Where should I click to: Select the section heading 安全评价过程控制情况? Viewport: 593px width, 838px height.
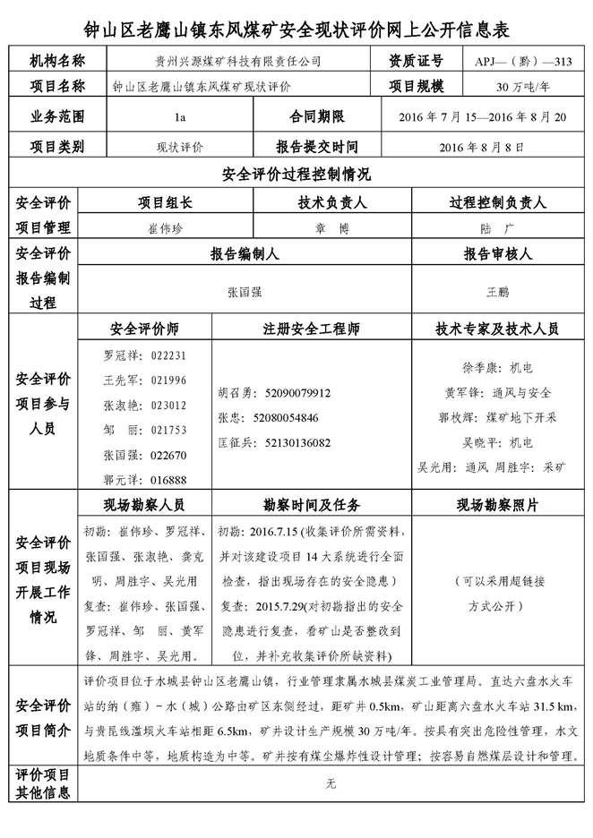pyautogui.click(x=296, y=174)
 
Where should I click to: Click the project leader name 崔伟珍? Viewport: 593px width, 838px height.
pyautogui.click(x=164, y=227)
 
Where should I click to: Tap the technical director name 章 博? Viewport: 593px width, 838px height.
pyautogui.click(x=330, y=227)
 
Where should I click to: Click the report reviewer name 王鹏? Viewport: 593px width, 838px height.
pyautogui.click(x=497, y=291)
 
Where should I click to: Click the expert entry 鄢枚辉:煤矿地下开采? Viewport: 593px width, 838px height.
pyautogui.click(x=497, y=417)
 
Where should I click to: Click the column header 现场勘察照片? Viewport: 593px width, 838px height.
pyautogui.click(x=497, y=504)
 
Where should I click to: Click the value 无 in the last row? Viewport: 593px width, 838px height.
pyautogui.click(x=330, y=783)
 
